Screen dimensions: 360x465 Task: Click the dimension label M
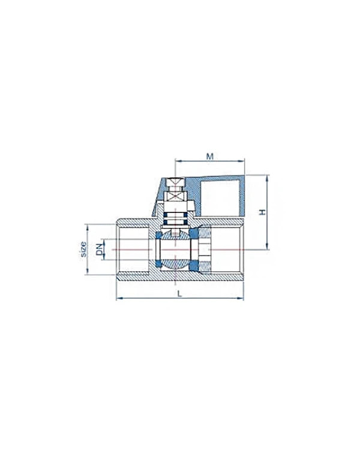(x=209, y=156)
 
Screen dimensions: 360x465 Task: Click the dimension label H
(x=262, y=212)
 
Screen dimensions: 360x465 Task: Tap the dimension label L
(x=179, y=293)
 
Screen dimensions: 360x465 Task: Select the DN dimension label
(x=100, y=249)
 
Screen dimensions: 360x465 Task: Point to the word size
(x=83, y=249)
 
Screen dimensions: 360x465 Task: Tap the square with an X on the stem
(x=175, y=196)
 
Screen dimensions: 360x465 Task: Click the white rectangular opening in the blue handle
(x=220, y=198)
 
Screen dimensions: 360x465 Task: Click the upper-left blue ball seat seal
(x=158, y=235)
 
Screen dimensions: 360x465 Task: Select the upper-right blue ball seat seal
(x=194, y=233)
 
